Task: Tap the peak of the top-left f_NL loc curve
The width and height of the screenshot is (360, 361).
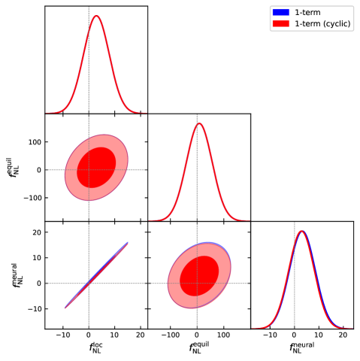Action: (95, 16)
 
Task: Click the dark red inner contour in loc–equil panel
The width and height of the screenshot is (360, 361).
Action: (96, 167)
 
